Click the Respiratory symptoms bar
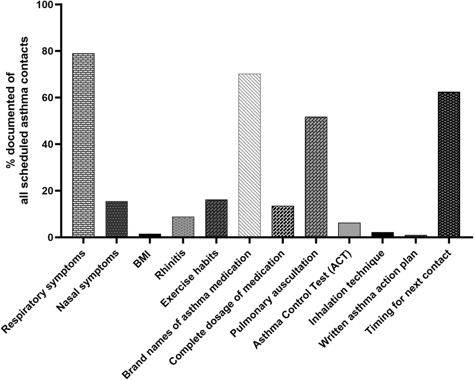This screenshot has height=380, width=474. point(83,145)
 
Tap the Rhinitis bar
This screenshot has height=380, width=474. point(183,227)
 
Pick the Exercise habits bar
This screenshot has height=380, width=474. point(216,218)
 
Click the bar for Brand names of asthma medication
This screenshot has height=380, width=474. point(249,155)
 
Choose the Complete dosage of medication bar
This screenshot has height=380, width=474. point(283,221)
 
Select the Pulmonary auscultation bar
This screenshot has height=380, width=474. point(316,177)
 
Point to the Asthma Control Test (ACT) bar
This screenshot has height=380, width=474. point(349,230)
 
